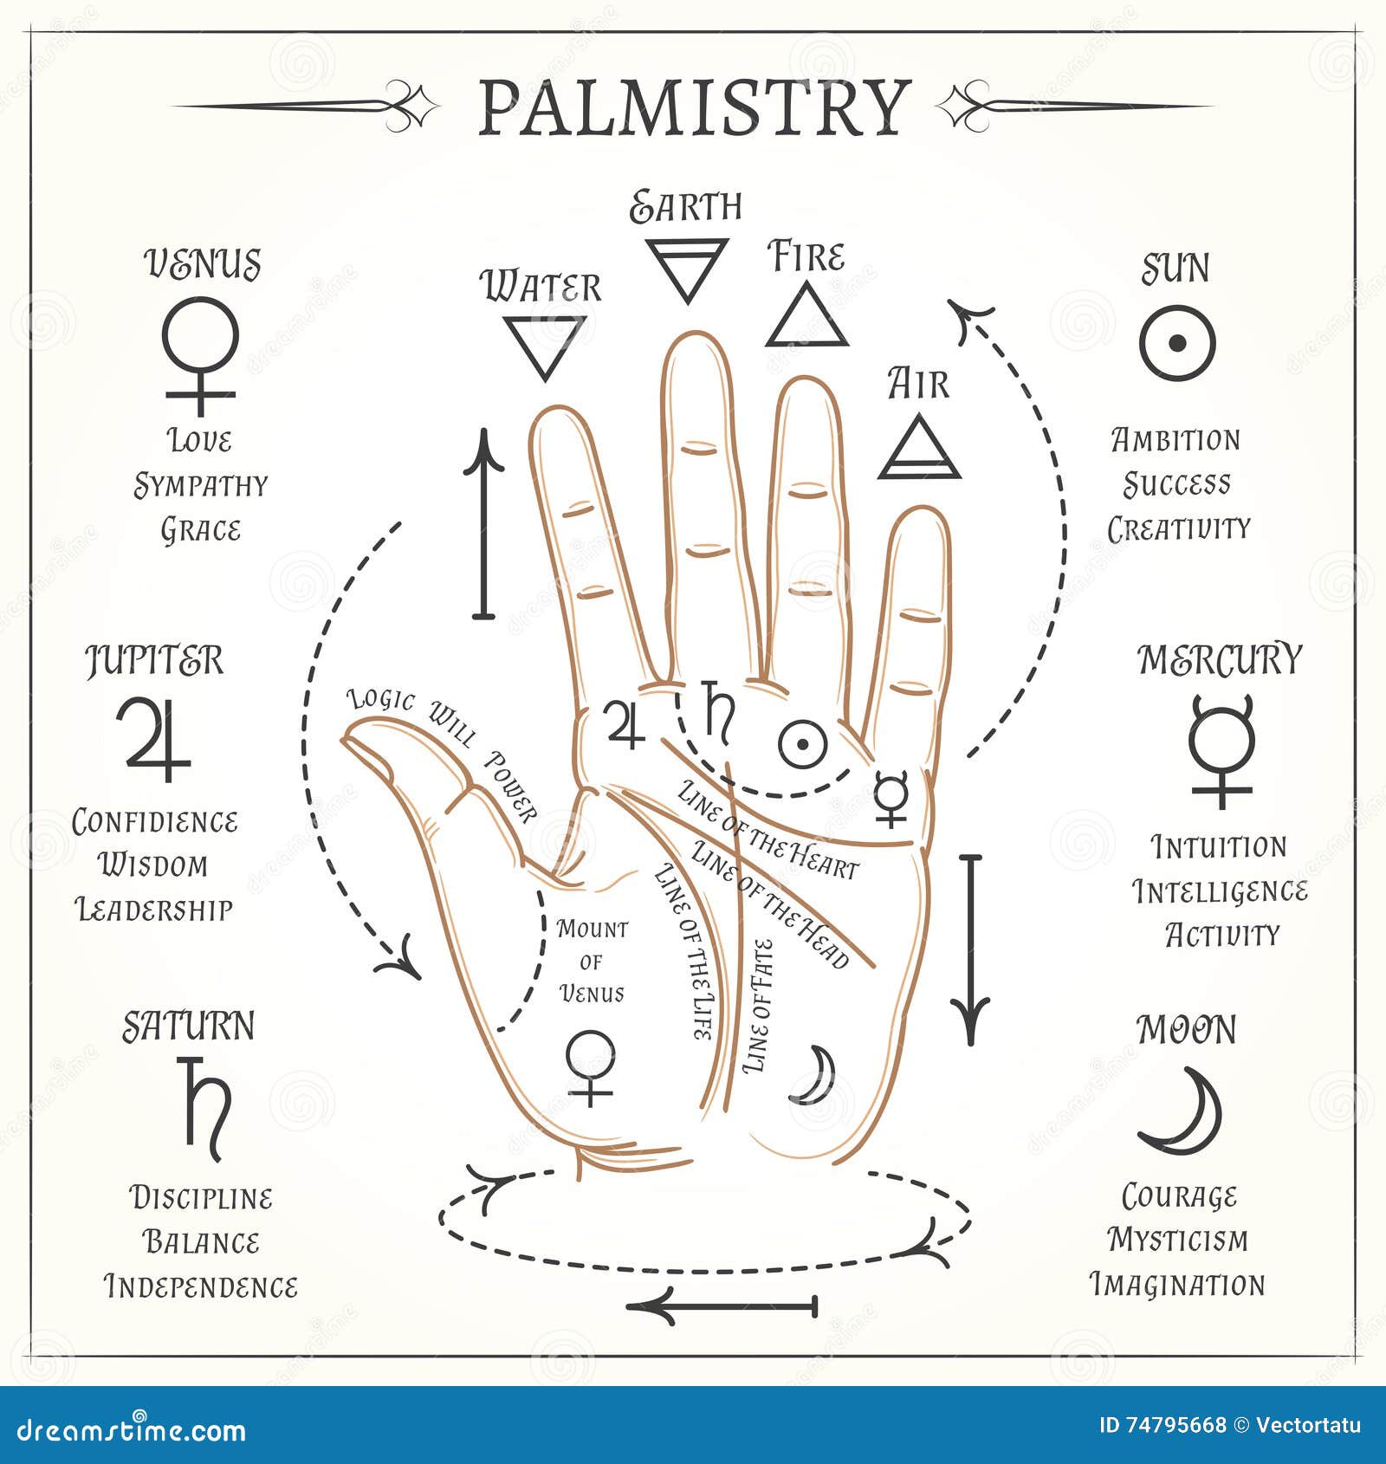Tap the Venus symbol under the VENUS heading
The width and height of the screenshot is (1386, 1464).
click(x=200, y=353)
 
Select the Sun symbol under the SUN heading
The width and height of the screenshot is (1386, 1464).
click(x=1177, y=343)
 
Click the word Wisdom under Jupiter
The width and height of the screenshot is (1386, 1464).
click(x=153, y=865)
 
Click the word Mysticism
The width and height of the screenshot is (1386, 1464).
click(x=1178, y=1240)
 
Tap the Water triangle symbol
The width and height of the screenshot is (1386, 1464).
click(x=545, y=344)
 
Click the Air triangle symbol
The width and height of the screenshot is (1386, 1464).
click(x=919, y=450)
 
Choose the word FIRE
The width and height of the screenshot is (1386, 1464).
click(x=806, y=257)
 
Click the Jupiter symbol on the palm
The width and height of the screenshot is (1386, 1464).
click(x=625, y=724)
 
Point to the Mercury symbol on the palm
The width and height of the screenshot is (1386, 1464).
click(x=891, y=796)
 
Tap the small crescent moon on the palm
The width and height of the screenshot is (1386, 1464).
click(x=815, y=1075)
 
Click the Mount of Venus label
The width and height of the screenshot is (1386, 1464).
click(x=593, y=961)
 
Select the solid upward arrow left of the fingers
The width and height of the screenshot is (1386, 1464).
click(x=483, y=525)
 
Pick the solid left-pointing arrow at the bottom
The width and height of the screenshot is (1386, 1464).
click(x=722, y=1305)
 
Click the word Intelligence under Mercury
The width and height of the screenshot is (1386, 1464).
click(x=1220, y=891)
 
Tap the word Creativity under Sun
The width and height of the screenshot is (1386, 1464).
click(x=1179, y=528)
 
